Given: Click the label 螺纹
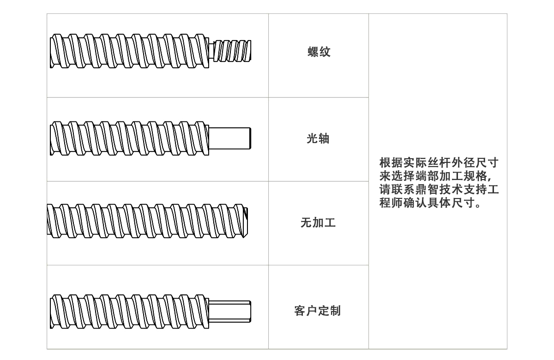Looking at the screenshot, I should (319, 52).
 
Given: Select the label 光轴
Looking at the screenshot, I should (318, 138).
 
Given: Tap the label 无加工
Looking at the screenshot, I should (318, 223).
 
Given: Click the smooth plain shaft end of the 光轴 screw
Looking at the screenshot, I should (229, 138).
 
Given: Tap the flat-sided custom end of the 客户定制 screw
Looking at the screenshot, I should (229, 311).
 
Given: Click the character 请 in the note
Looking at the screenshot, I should (385, 190).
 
